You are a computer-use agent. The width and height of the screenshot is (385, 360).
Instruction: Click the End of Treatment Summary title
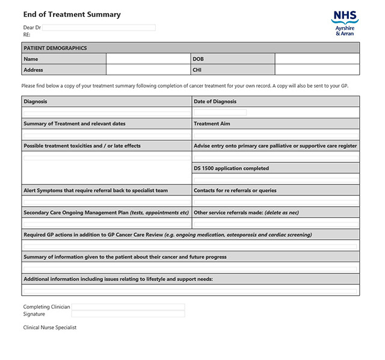pos(72,14)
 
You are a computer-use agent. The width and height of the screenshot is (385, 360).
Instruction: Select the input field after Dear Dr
pos(99,28)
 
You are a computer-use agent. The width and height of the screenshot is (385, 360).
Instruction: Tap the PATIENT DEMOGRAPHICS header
pos(55,48)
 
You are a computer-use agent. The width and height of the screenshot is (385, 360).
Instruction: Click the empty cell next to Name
pos(149,59)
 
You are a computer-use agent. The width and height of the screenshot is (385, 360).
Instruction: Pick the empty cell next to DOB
pos(317,59)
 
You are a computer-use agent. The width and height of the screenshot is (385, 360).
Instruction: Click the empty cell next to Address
pos(149,70)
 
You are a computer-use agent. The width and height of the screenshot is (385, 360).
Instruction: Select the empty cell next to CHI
pos(317,70)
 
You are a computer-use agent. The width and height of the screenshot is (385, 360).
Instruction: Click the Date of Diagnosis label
pos(215,102)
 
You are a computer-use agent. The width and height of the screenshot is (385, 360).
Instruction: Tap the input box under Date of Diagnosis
pos(220,112)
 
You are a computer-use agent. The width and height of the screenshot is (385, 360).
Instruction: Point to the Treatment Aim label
pos(212,124)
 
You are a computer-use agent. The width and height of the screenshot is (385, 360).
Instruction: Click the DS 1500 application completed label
pos(231,168)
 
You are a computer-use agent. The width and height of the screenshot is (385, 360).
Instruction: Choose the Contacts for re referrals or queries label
pos(235,191)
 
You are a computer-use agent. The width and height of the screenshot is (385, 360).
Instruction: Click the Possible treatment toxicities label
pos(82,146)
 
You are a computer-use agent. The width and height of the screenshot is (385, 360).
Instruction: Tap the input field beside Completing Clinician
pos(128,307)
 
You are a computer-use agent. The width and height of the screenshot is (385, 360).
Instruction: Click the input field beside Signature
pos(128,314)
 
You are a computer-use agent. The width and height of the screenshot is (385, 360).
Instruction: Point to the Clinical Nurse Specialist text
pos(50,328)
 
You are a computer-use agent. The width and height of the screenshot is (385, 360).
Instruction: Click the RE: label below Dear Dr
pos(27,35)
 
